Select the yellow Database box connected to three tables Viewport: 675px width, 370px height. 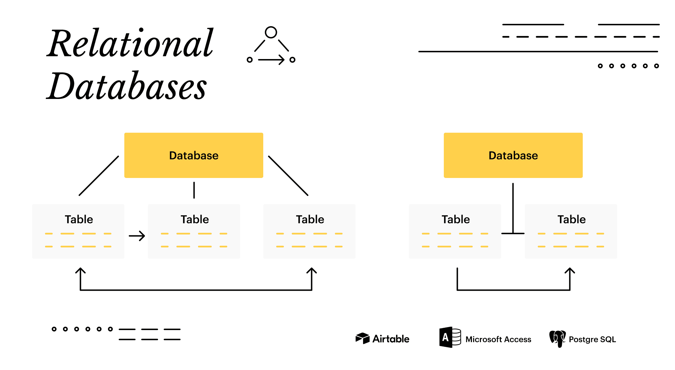click(194, 155)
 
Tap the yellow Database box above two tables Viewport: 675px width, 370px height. click(513, 155)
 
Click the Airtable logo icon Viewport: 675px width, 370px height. click(363, 338)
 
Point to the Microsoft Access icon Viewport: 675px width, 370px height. click(450, 337)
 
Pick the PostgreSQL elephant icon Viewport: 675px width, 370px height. click(557, 339)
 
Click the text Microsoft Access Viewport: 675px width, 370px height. click(498, 339)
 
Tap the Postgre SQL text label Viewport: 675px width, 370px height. click(592, 339)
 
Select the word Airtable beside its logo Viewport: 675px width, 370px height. click(391, 339)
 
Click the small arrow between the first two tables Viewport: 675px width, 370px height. click(137, 236)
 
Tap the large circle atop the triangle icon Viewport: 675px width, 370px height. click(271, 32)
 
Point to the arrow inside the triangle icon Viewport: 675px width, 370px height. click(271, 60)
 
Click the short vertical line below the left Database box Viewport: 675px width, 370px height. click(194, 190)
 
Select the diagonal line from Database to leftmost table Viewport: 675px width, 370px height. click(99, 176)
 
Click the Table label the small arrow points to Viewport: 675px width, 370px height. click(195, 219)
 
